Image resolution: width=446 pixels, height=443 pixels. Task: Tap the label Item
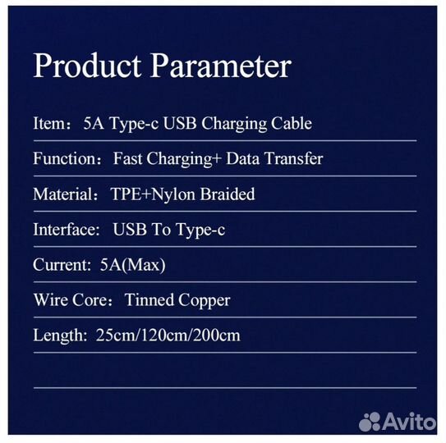pyautogui.click(x=47, y=124)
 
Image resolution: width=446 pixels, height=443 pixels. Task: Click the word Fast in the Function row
pyautogui.click(x=129, y=158)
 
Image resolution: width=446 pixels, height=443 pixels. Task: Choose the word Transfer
pyautogui.click(x=293, y=158)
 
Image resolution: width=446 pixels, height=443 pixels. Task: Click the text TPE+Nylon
pyautogui.click(x=151, y=194)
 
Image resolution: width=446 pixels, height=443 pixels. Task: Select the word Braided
pyautogui.click(x=226, y=194)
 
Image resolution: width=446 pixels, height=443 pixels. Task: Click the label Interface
pyautogui.click(x=65, y=230)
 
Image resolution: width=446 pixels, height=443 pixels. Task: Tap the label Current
pyautogui.click(x=58, y=265)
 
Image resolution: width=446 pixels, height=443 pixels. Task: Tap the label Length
pyautogui.click(x=56, y=336)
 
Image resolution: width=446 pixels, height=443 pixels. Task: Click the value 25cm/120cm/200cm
pyautogui.click(x=168, y=336)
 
